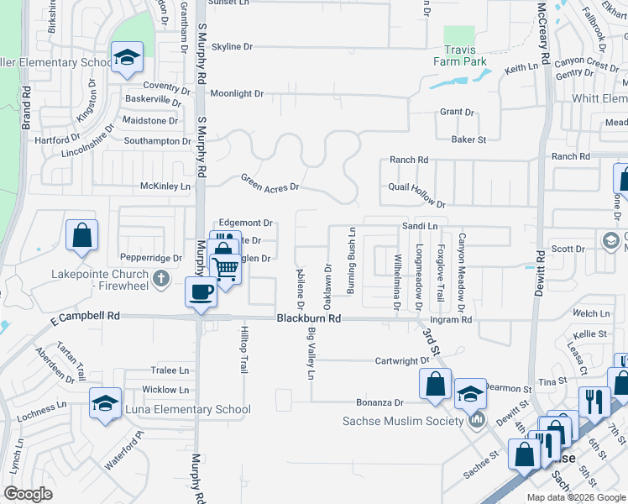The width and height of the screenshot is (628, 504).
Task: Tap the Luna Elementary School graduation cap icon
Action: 106,402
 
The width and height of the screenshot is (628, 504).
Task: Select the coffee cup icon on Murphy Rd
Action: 201,292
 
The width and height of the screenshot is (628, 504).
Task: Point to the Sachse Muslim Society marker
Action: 477,419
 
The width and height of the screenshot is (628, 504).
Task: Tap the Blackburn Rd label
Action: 310,319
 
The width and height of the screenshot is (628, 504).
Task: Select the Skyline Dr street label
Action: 232,47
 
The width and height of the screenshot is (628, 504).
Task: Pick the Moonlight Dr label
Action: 237,94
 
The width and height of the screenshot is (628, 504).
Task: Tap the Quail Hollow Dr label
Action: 416,195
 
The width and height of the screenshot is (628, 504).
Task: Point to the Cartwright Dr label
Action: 402,361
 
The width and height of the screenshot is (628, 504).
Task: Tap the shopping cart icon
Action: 227,269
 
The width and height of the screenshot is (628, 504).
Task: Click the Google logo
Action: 29,494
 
